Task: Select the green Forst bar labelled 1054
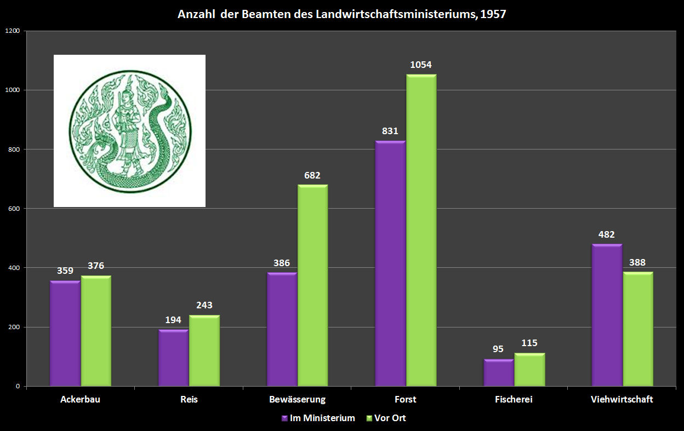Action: (421, 231)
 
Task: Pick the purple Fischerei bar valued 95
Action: (498, 373)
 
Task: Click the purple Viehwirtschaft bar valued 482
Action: (607, 315)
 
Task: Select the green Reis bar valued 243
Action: (204, 351)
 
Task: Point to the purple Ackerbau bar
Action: (65, 334)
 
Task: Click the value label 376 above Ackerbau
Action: (96, 266)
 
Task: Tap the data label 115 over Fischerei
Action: (529, 343)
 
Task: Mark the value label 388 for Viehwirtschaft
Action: (637, 262)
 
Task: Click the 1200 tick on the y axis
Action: (13, 31)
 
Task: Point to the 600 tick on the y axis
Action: (14, 209)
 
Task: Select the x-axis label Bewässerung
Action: (297, 400)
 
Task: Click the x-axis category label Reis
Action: (189, 400)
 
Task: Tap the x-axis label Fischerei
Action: (514, 400)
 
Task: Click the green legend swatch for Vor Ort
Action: (369, 418)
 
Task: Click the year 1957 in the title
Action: (493, 14)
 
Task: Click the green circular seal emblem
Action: (129, 131)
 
